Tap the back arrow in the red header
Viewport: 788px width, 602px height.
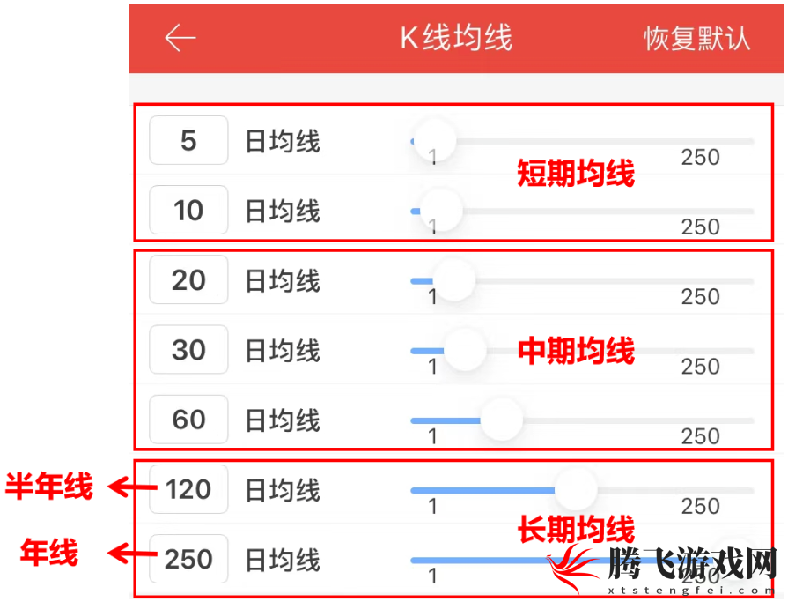click(x=180, y=38)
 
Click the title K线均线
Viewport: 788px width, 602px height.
click(x=456, y=38)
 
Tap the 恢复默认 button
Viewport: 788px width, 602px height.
click(x=697, y=38)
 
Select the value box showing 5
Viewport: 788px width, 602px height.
click(x=188, y=140)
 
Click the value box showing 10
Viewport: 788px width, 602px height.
click(x=188, y=210)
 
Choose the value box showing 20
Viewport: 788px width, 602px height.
click(x=188, y=279)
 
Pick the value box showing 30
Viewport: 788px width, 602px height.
click(x=188, y=350)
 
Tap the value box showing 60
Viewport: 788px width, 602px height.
click(x=188, y=420)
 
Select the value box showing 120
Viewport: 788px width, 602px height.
click(x=188, y=489)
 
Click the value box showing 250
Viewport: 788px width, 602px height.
click(x=188, y=559)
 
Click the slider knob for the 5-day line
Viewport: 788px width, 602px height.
click(x=435, y=140)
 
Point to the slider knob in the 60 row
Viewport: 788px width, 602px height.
click(x=502, y=420)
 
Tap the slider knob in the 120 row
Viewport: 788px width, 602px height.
click(x=576, y=490)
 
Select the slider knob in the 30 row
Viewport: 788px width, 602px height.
click(x=466, y=350)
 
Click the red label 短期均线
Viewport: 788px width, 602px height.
click(x=576, y=174)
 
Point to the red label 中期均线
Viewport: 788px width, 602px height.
click(x=577, y=351)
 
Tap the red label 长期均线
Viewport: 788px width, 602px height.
click(x=577, y=529)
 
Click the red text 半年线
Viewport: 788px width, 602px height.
click(x=48, y=487)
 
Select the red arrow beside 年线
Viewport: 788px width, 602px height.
click(x=133, y=554)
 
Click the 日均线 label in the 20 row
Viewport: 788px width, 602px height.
click(x=283, y=280)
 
